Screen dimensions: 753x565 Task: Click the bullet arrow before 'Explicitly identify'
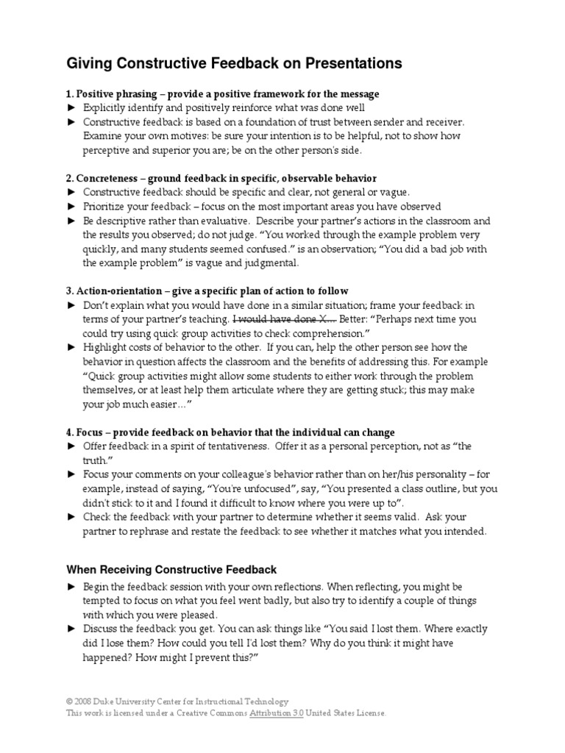point(71,108)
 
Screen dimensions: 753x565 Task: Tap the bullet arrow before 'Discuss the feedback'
point(71,629)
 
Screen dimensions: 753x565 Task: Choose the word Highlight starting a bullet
point(105,348)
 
